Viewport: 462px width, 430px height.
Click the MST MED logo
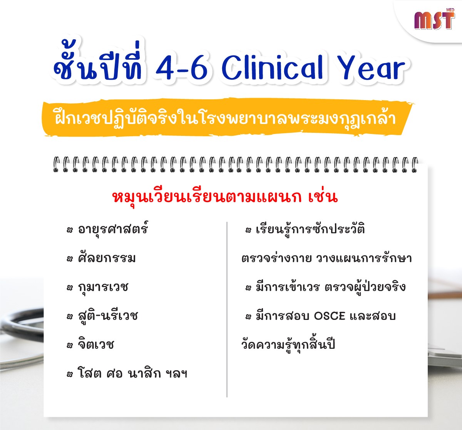coord(434,19)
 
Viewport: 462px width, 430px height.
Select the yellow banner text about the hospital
coord(225,118)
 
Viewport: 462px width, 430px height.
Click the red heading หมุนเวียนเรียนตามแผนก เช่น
coord(225,197)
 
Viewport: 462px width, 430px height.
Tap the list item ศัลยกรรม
coord(107,258)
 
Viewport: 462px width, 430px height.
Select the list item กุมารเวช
coord(103,288)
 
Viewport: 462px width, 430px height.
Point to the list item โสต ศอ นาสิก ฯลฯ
coord(132,374)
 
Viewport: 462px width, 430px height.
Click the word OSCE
coord(330,316)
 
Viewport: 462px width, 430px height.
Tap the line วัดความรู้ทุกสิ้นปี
coord(288,345)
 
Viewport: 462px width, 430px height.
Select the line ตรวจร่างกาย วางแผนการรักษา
coord(326,258)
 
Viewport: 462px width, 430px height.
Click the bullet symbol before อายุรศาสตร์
coord(69,230)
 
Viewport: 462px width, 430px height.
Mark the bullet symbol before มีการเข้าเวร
coord(248,288)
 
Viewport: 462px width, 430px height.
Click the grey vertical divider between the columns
coord(227,310)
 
